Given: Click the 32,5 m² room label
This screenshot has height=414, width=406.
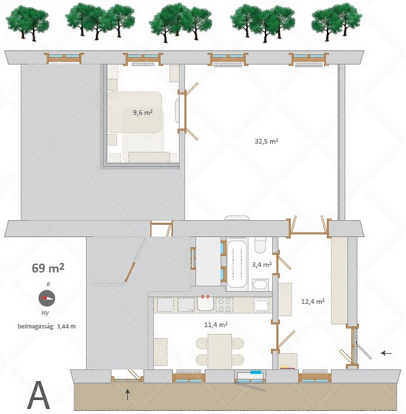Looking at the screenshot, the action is click(x=266, y=141).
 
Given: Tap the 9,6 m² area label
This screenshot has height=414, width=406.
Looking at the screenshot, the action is click(x=142, y=113).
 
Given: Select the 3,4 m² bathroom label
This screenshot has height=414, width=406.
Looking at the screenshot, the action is click(x=262, y=264).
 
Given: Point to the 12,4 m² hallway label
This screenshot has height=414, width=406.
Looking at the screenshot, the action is click(x=313, y=301).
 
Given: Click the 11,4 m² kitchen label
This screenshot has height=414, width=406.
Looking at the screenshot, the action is click(x=216, y=325).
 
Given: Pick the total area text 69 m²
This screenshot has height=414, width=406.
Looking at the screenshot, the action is click(x=48, y=268).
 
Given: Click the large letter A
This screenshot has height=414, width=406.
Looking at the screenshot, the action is click(x=38, y=395).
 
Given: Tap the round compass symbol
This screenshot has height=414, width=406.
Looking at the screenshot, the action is click(x=47, y=298).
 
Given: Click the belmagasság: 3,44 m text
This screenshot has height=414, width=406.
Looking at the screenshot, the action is click(x=47, y=326).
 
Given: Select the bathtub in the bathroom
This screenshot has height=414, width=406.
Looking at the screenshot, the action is click(x=237, y=264).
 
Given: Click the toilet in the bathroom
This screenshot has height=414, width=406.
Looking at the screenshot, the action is click(x=260, y=244).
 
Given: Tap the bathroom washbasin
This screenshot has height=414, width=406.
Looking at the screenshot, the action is click(x=260, y=285).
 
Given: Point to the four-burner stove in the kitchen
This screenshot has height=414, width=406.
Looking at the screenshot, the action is click(x=224, y=305).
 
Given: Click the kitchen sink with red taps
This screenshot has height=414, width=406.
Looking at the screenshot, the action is click(x=206, y=303).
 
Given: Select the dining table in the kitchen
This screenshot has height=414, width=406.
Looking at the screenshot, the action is click(x=220, y=351).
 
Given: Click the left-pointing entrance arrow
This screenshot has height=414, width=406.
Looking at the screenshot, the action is click(x=386, y=353).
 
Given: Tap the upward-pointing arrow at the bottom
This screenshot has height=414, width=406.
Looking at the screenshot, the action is click(x=127, y=394).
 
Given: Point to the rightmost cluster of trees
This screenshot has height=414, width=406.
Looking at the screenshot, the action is click(x=337, y=22).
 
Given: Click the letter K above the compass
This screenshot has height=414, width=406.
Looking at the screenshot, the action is click(x=48, y=284).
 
